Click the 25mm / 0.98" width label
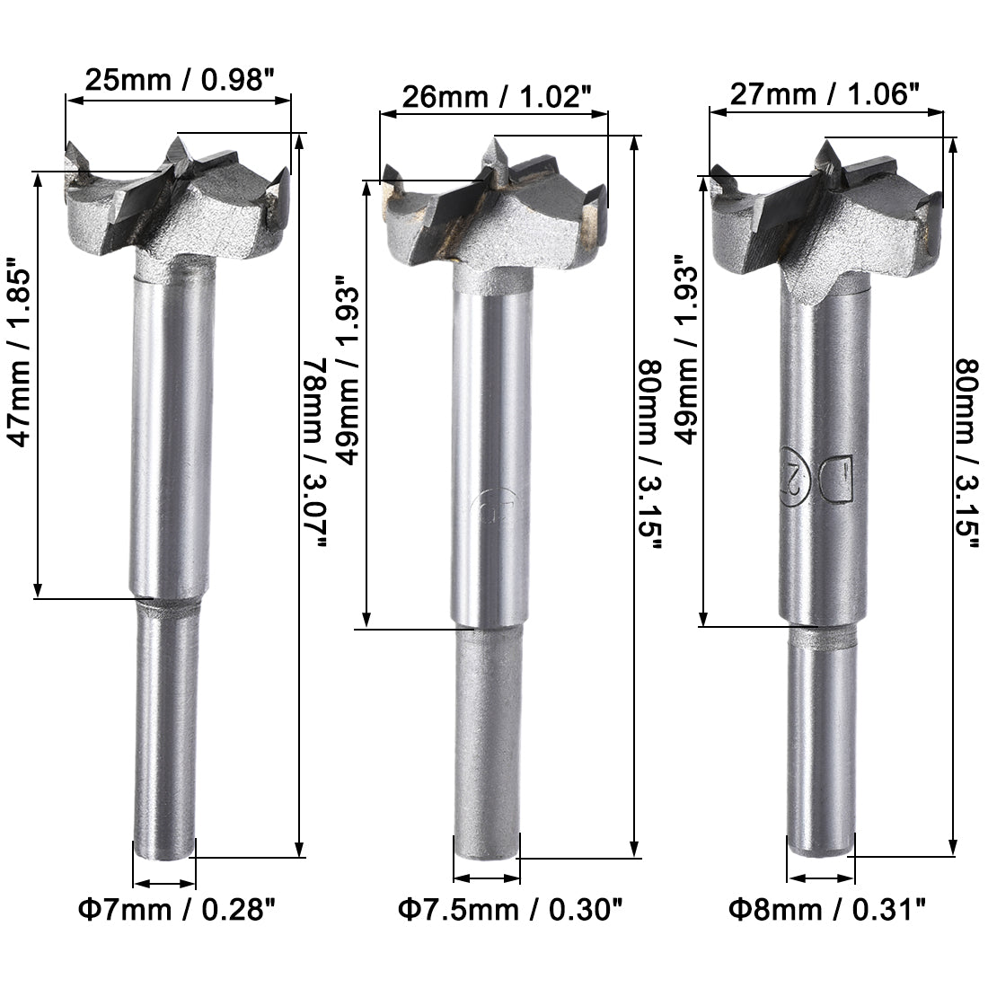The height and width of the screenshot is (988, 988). (178, 80)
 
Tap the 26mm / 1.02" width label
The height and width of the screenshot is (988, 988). (495, 96)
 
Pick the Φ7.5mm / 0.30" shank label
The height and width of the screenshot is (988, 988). (510, 910)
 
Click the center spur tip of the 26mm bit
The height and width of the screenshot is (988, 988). (493, 142)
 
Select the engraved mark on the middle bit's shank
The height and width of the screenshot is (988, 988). (487, 509)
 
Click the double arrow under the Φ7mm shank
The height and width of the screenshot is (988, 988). (164, 883)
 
